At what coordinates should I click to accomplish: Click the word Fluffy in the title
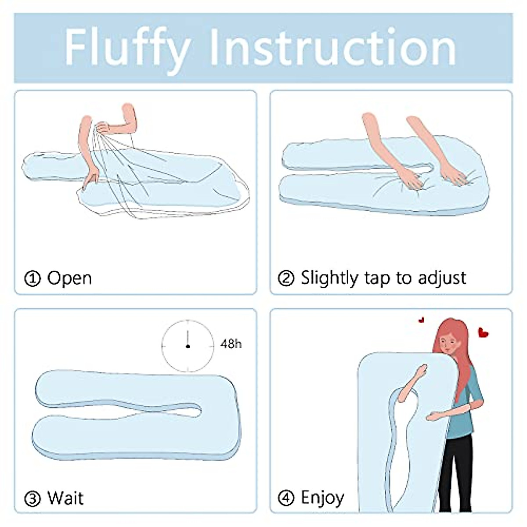click(x=127, y=47)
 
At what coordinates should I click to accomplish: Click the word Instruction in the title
click(x=332, y=47)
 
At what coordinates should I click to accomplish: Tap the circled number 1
click(x=32, y=278)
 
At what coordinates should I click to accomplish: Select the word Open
click(x=69, y=278)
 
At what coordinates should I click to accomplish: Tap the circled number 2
click(x=286, y=278)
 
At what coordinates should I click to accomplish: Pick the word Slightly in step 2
click(x=329, y=278)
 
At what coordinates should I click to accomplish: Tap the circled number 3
click(x=32, y=499)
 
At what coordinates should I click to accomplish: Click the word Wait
click(x=65, y=498)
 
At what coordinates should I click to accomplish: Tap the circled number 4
click(x=286, y=498)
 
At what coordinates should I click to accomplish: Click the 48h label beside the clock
click(x=231, y=343)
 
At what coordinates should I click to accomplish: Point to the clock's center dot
click(x=188, y=347)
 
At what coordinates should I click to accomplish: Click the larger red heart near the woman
click(x=483, y=332)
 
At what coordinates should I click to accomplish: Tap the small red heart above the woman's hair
click(x=422, y=320)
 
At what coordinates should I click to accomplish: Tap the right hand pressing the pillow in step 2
click(x=452, y=176)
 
